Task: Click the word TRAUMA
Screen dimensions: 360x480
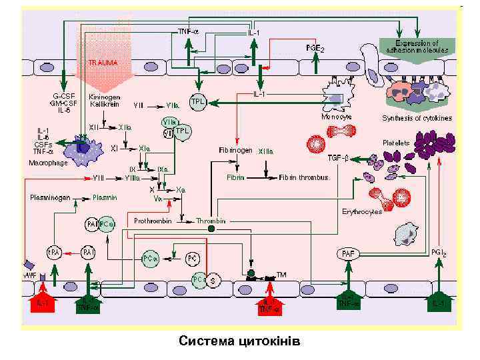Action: tap(103, 63)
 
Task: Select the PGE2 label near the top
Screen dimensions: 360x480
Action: tap(315, 48)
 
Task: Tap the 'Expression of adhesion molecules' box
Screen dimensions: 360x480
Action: tap(419, 47)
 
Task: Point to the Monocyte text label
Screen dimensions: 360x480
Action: tap(337, 116)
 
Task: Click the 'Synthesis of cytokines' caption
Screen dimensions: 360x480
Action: tap(417, 118)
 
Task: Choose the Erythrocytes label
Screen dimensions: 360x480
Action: tap(362, 211)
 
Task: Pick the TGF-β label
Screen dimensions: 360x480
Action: tap(338, 158)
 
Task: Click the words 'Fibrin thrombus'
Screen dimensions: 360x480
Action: tap(304, 178)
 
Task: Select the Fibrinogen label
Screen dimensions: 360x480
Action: tap(235, 151)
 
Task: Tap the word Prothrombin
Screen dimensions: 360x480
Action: tap(153, 220)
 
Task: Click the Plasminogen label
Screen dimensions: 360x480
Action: tap(50, 197)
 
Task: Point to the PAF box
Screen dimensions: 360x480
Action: tap(347, 254)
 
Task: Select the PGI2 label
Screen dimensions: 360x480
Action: tap(439, 253)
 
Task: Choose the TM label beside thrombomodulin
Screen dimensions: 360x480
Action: tap(281, 275)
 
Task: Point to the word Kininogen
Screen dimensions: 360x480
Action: tap(103, 97)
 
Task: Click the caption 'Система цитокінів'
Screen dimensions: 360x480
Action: tap(240, 342)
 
